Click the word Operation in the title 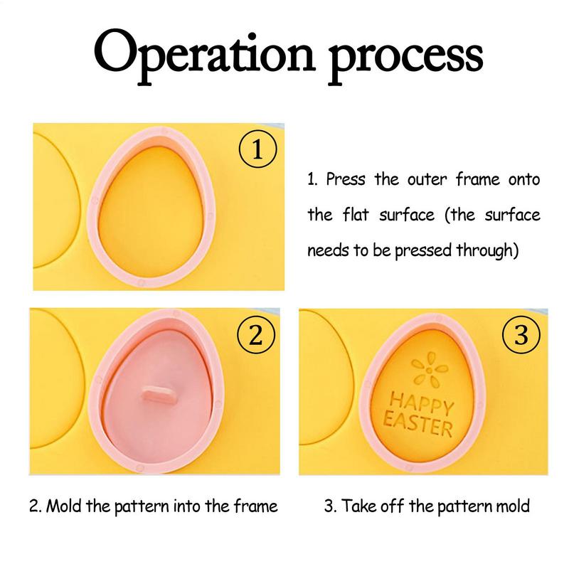pyautogui.click(x=205, y=55)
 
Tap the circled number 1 pyautogui.click(x=257, y=149)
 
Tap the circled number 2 pyautogui.click(x=256, y=334)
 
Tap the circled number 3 pyautogui.click(x=521, y=334)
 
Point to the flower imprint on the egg pyautogui.click(x=430, y=369)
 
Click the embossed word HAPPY pyautogui.click(x=421, y=403)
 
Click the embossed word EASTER pyautogui.click(x=418, y=424)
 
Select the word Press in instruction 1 pyautogui.click(x=346, y=179)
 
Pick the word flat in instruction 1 pyautogui.click(x=356, y=215)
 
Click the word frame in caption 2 pyautogui.click(x=255, y=506)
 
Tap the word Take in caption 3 pyautogui.click(x=358, y=506)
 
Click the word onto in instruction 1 pyautogui.click(x=524, y=180)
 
